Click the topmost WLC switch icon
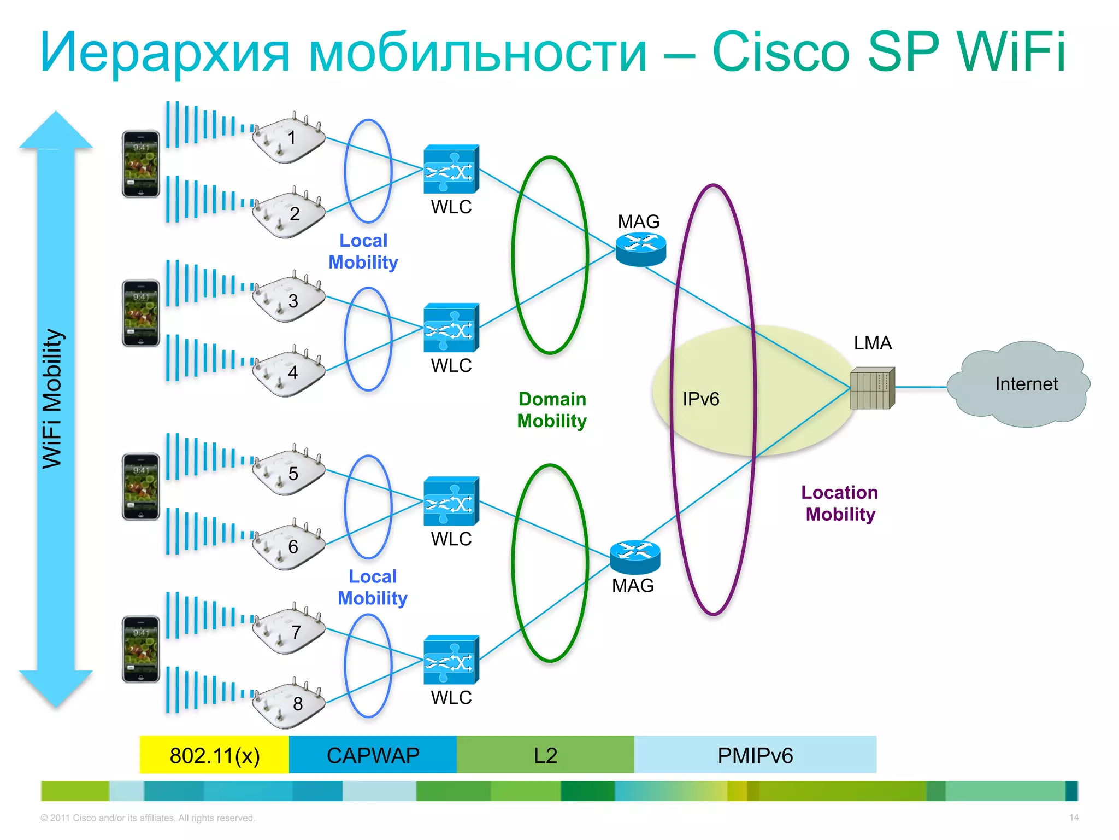(x=451, y=170)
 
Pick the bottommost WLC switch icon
(x=451, y=660)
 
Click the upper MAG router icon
(x=640, y=249)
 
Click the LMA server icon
(x=872, y=388)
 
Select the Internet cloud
(x=1019, y=384)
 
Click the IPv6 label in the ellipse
(x=700, y=399)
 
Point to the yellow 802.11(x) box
(x=214, y=755)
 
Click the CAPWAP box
(x=373, y=755)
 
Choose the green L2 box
(x=545, y=755)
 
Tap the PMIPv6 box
(x=755, y=755)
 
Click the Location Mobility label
(x=840, y=503)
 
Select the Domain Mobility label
(x=552, y=410)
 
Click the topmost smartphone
(x=140, y=164)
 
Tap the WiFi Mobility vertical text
(x=53, y=399)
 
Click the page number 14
(x=1074, y=818)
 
